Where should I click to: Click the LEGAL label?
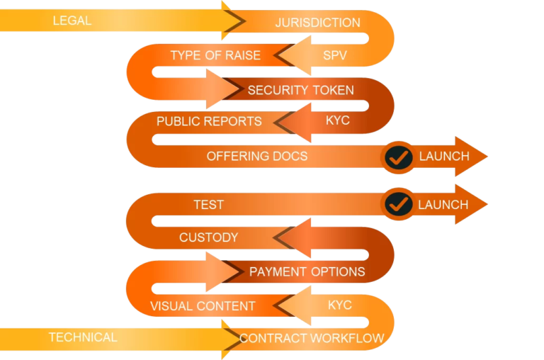pos(72,21)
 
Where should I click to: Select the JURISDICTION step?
pos(317,23)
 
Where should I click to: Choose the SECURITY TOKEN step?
pos(300,90)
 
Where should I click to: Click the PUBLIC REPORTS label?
pos(209,121)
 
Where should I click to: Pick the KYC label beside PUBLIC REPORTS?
pos(338,120)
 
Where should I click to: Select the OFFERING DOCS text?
pos(257,156)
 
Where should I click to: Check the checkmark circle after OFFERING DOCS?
pos(399,157)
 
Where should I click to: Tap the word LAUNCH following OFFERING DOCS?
pos(444,156)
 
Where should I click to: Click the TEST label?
pos(209,205)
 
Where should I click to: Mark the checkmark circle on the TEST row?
pos(399,205)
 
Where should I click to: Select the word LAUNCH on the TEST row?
pos(443,205)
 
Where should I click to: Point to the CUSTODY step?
pos(209,237)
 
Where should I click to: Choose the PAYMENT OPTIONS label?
pos(307,271)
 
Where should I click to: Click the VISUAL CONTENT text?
pos(203,306)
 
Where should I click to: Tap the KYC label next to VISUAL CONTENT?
pos(340,305)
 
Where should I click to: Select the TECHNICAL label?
pos(83,337)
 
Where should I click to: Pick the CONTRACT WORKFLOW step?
pos(312,338)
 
